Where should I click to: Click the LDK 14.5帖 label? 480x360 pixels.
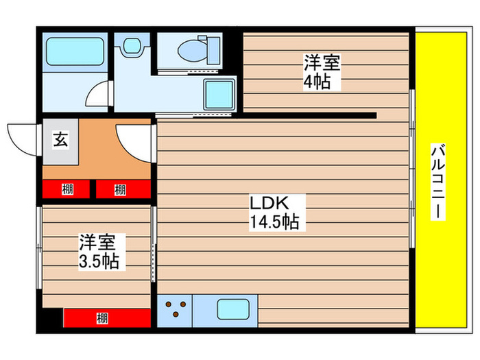tap(273, 213)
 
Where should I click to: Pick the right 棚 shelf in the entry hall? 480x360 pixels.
tap(122, 189)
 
